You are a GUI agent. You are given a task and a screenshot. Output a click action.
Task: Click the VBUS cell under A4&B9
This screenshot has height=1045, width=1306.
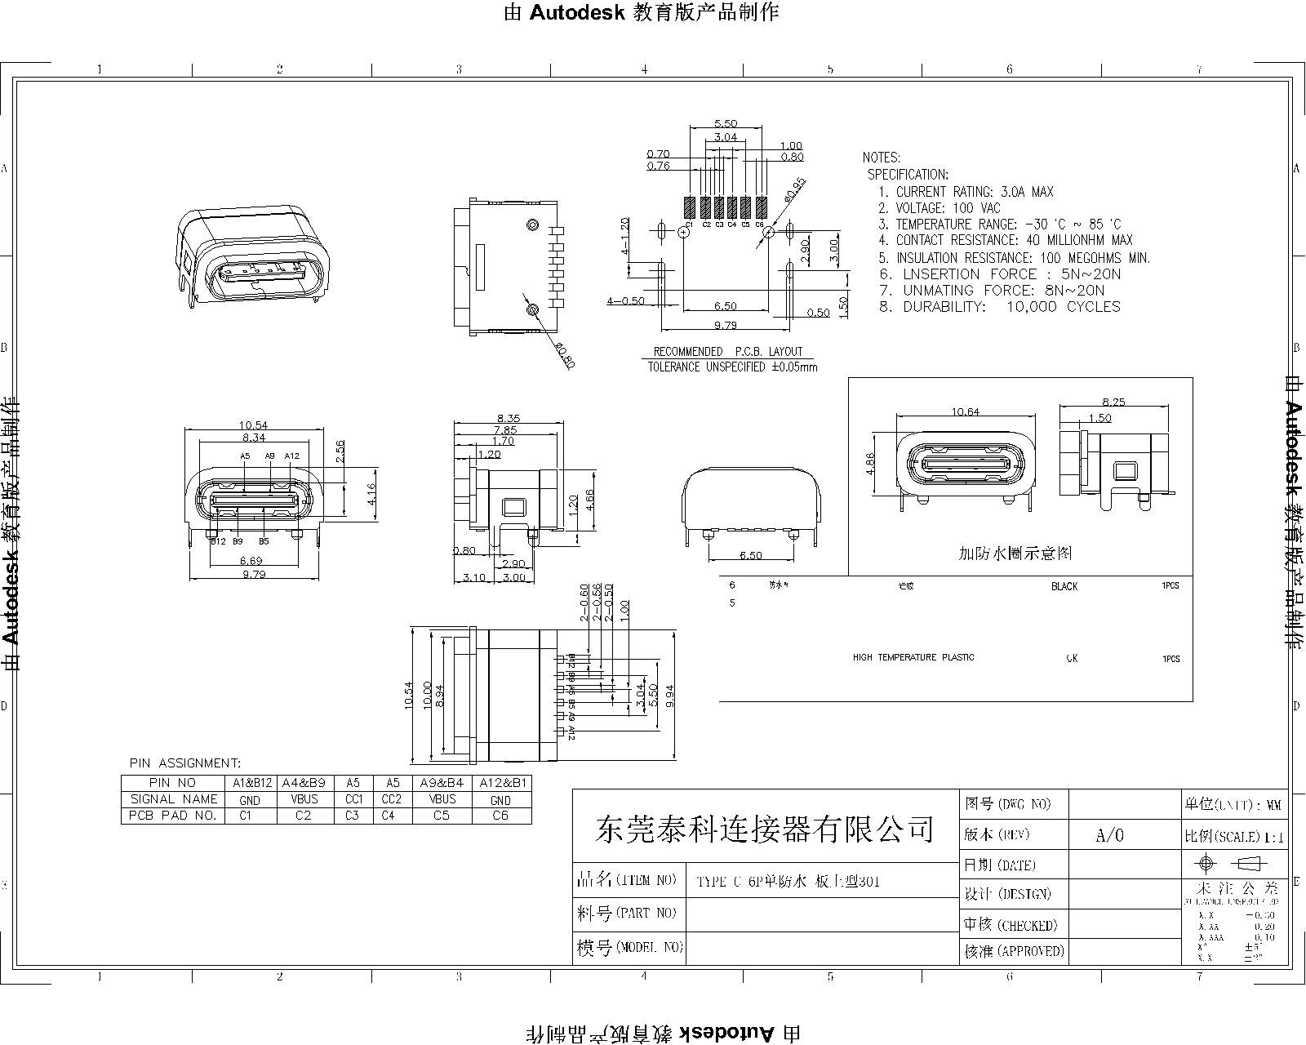304,799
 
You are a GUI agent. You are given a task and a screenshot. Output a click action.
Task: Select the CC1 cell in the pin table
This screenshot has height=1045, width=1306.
353,799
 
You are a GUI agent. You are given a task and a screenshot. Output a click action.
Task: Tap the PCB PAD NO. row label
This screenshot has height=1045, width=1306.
174,816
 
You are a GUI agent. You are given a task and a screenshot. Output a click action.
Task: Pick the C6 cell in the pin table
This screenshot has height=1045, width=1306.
500,816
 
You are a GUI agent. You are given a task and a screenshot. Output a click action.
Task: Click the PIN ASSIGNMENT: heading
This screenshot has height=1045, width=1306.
185,763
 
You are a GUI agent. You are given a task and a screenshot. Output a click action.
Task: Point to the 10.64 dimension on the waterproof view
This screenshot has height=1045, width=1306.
966,411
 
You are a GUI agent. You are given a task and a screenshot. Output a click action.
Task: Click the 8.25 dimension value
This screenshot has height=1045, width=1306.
1113,402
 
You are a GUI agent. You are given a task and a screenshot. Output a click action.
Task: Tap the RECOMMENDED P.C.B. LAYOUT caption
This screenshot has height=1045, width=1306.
728,351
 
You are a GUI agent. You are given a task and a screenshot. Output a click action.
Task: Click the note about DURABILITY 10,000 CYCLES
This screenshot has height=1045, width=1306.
1000,307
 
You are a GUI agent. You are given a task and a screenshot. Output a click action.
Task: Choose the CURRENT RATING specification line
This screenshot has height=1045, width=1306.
966,192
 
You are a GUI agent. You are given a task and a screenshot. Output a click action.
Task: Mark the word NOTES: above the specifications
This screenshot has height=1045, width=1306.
881,157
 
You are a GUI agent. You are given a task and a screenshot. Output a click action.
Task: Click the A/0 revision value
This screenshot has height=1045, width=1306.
1109,835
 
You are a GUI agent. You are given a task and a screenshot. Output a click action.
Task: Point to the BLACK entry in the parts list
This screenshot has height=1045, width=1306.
1064,586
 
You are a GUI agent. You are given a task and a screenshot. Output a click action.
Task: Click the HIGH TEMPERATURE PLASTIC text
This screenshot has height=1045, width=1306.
913,657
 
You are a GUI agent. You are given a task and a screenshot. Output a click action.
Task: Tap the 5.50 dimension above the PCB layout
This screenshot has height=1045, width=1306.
726,123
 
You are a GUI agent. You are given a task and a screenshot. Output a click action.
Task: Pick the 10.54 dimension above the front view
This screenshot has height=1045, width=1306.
253,425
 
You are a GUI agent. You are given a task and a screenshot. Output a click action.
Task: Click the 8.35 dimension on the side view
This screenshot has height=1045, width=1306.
507,418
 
